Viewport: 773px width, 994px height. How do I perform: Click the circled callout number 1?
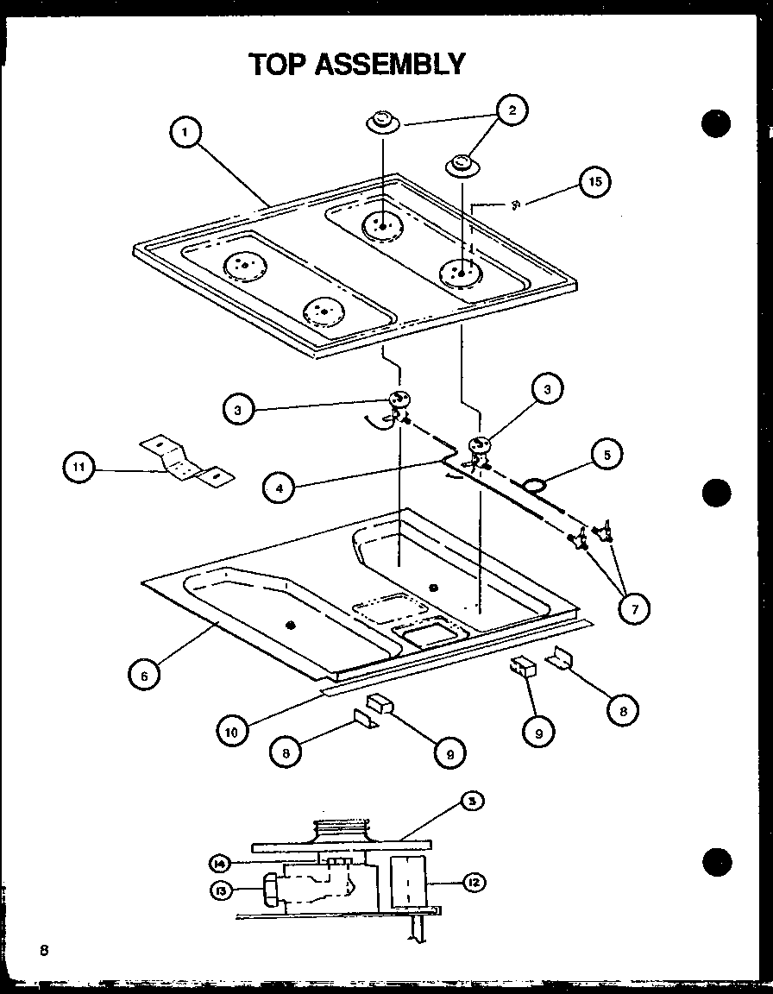pyautogui.click(x=185, y=133)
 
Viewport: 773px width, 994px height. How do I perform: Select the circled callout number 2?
pyautogui.click(x=512, y=110)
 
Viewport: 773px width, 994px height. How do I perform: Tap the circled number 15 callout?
pyautogui.click(x=593, y=182)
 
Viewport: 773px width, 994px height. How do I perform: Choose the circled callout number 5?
pyautogui.click(x=607, y=454)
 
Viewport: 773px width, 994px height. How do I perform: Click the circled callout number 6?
pyautogui.click(x=145, y=676)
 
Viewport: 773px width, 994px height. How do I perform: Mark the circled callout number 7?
pyautogui.click(x=634, y=608)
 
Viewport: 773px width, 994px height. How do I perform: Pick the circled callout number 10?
pyautogui.click(x=231, y=731)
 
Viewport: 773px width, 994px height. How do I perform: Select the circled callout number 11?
pyautogui.click(x=79, y=469)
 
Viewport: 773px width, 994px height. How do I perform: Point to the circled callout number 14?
pyautogui.click(x=220, y=862)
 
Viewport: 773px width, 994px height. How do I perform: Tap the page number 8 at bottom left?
pyautogui.click(x=42, y=951)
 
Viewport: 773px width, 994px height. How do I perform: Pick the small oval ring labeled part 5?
pyautogui.click(x=537, y=488)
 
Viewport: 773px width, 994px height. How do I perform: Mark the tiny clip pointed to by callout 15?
pyautogui.click(x=515, y=204)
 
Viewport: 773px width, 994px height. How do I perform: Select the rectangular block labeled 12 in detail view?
pyautogui.click(x=408, y=882)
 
